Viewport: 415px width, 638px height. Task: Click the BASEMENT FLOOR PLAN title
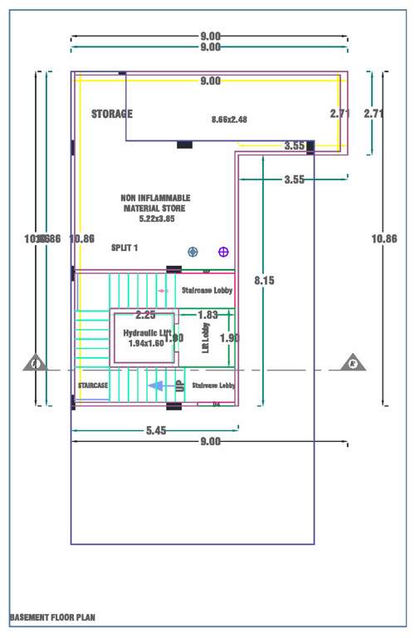pyautogui.click(x=52, y=618)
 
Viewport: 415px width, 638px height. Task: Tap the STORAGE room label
pyautogui.click(x=112, y=114)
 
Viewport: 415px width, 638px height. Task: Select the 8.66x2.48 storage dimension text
pyautogui.click(x=230, y=120)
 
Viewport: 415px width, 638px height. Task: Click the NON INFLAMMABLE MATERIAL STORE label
pyautogui.click(x=155, y=203)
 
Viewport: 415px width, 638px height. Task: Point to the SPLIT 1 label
pyautogui.click(x=124, y=248)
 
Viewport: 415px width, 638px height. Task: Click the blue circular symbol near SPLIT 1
pyautogui.click(x=193, y=251)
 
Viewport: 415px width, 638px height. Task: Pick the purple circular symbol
pyautogui.click(x=222, y=251)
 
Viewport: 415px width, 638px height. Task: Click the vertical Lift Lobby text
pyautogui.click(x=206, y=339)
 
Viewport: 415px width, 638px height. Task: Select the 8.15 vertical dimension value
pyautogui.click(x=265, y=281)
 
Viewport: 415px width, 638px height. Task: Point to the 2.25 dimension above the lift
pyautogui.click(x=146, y=315)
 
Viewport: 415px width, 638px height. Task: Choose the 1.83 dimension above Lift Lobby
pyautogui.click(x=207, y=315)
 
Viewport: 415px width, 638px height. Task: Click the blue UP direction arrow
pyautogui.click(x=155, y=385)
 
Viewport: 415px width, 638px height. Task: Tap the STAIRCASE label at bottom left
pyautogui.click(x=93, y=385)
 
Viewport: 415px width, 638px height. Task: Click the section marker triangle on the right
pyautogui.click(x=353, y=362)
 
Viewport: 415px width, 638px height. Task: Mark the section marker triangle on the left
pyautogui.click(x=35, y=362)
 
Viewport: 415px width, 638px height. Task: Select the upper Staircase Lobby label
pyautogui.click(x=207, y=291)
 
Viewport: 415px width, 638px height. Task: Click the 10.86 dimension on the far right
pyautogui.click(x=384, y=238)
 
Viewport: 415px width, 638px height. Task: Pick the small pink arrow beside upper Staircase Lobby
pyautogui.click(x=162, y=291)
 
